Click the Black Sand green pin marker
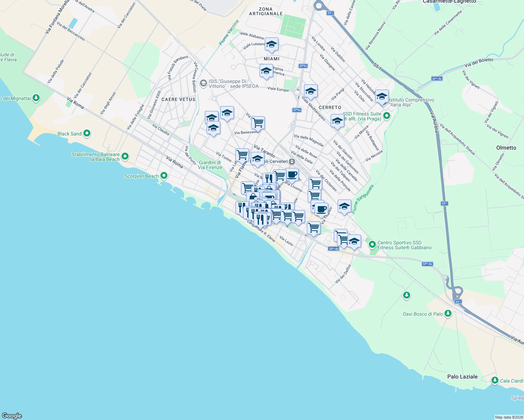[87, 133]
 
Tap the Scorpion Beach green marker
[164, 176]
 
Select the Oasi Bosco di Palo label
[422, 314]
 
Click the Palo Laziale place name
[462, 377]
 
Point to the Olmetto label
[506, 148]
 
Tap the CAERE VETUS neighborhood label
[178, 99]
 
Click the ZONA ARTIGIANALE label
[266, 11]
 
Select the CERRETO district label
[330, 107]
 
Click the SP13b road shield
[437, 79]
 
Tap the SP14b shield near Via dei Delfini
[334, 249]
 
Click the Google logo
[12, 416]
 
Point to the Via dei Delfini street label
[343, 274]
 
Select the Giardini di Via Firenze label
[210, 165]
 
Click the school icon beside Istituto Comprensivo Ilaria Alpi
[382, 96]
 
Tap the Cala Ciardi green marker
[495, 380]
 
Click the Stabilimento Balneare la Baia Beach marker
[125, 156]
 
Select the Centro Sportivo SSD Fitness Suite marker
[372, 245]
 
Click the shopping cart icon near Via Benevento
[258, 123]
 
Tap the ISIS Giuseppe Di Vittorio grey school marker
[203, 84]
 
